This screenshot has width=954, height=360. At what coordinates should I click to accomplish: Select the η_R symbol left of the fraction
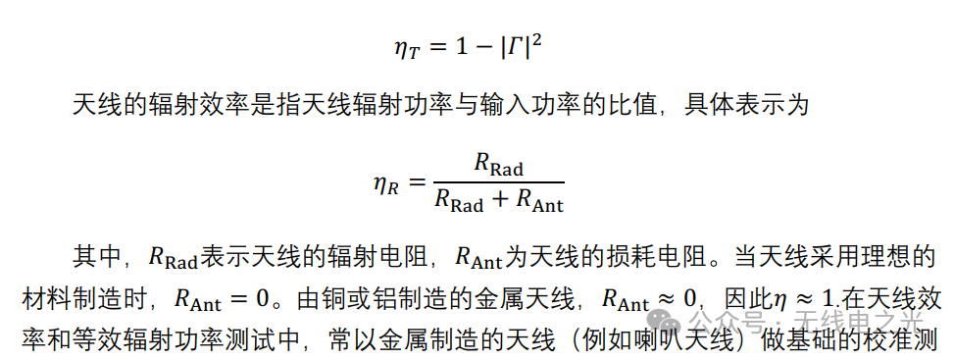(385, 183)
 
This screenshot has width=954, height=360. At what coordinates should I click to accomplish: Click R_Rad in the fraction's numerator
(498, 164)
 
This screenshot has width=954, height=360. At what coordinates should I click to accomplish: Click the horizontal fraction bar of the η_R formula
(498, 182)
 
